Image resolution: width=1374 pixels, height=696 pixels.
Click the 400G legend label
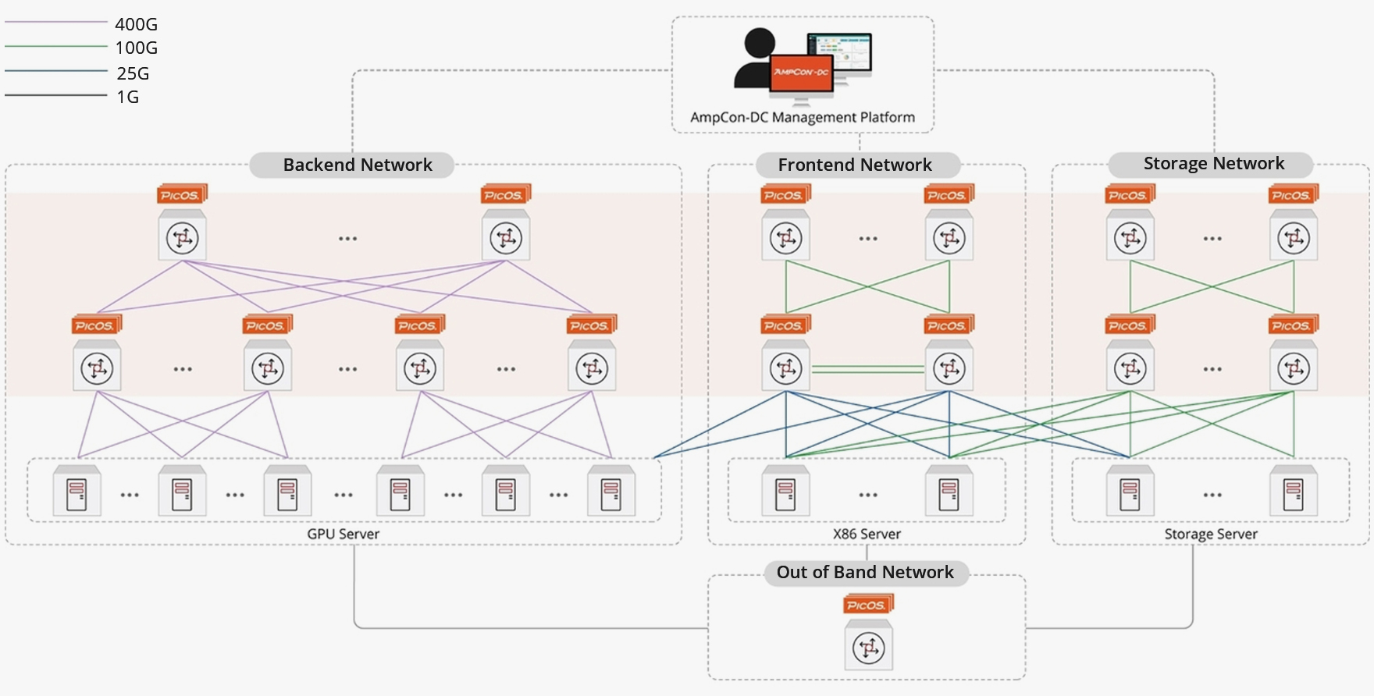click(x=136, y=25)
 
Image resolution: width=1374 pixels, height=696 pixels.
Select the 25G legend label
click(x=133, y=73)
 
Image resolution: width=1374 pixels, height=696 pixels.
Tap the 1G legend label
click(x=128, y=97)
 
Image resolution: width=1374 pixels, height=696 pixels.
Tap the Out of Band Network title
click(x=865, y=572)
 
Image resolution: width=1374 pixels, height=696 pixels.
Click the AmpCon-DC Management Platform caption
click(x=803, y=117)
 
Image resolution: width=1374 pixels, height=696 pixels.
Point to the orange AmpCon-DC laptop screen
click(x=801, y=73)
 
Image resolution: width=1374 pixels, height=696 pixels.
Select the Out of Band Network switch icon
click(x=868, y=647)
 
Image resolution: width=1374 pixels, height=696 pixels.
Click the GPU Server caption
click(x=343, y=534)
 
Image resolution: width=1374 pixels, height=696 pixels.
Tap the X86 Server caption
click(x=867, y=534)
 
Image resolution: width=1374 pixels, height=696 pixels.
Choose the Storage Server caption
click(x=1210, y=534)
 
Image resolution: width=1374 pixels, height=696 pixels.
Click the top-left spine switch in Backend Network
click(x=182, y=237)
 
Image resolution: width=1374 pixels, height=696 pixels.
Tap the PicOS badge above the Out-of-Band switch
click(x=868, y=605)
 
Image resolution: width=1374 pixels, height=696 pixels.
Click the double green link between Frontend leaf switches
click(x=867, y=369)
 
